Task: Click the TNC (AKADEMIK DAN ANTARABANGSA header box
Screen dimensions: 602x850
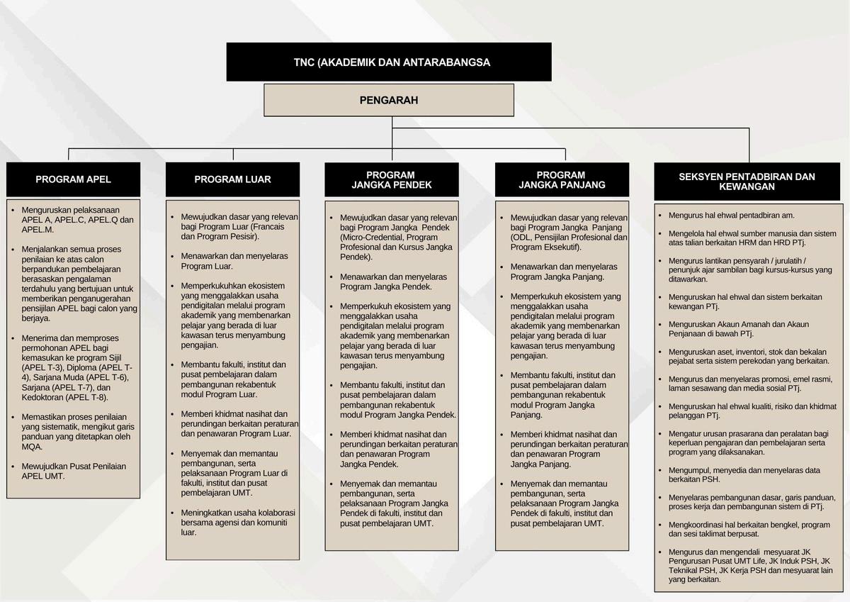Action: coord(389,62)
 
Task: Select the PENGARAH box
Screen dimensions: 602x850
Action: coord(389,100)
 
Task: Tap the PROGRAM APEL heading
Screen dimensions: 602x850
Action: coord(74,179)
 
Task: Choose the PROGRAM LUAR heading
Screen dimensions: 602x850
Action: coord(232,179)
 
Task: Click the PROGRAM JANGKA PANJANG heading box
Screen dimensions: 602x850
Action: coord(562,180)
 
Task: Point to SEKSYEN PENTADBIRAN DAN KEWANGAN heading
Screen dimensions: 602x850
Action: coord(747,182)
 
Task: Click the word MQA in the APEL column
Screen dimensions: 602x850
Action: coord(33,447)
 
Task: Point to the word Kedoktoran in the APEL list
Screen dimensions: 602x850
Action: coord(43,397)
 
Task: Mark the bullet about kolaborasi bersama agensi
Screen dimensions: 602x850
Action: coord(238,522)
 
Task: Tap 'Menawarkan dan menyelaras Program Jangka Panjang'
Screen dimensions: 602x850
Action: coord(564,272)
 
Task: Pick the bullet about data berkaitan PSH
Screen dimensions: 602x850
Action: coord(744,474)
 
